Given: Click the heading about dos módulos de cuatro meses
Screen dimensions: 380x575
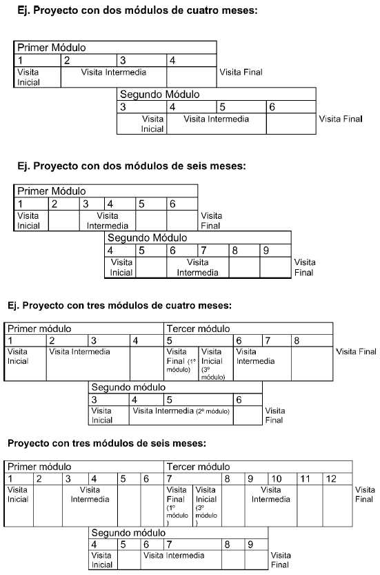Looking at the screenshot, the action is (x=137, y=10).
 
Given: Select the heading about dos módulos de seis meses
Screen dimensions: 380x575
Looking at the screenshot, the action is (x=132, y=166).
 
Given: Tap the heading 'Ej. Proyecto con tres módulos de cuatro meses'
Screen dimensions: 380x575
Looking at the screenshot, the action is (x=119, y=306).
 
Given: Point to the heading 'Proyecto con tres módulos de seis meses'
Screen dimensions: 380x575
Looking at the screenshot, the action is (x=107, y=443).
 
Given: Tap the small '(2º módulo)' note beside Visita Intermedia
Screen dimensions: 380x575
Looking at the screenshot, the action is (x=213, y=411).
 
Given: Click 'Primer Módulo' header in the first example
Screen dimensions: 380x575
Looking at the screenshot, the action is (x=51, y=48).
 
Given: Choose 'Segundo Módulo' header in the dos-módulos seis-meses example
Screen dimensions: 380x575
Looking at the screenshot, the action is (x=148, y=238).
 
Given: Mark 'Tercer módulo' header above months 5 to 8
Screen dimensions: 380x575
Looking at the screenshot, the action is (x=198, y=329).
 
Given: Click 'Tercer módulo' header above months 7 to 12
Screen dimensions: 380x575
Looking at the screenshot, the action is (x=198, y=467).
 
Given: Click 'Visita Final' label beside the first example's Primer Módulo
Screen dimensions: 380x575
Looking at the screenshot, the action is (x=241, y=72).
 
